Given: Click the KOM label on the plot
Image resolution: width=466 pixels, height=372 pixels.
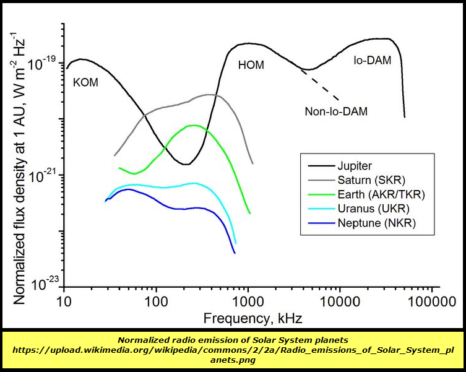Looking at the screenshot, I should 85,82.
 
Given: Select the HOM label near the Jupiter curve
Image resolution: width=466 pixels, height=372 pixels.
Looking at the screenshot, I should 251,64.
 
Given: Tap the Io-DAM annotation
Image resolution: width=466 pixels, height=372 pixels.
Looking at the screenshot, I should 373,61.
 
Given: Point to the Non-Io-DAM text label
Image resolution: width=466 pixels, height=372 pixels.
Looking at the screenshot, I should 336,111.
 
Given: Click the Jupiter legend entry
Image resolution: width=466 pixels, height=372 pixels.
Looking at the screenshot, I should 355,167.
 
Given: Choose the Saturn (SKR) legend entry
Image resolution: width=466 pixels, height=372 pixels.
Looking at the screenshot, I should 371,181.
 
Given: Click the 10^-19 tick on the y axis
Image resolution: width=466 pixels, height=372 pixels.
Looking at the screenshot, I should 43,62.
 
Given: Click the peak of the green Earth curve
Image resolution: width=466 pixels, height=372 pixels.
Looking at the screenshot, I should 194,125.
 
